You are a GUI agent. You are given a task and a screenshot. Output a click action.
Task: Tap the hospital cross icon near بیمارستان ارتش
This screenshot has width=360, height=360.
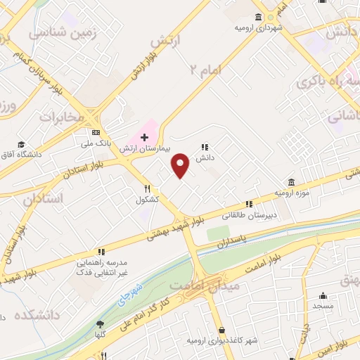[x=144, y=136]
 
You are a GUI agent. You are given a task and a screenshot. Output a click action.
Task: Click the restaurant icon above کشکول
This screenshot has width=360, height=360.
[x=147, y=188]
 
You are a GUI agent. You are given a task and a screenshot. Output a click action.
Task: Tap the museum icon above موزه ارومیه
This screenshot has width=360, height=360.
[x=291, y=181]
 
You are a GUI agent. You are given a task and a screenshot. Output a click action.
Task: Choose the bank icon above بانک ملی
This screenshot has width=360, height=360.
[x=96, y=132]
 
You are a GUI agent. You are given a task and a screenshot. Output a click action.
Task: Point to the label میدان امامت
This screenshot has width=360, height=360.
[x=205, y=285]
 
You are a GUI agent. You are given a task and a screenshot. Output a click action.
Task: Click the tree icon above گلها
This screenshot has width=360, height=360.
[x=99, y=324]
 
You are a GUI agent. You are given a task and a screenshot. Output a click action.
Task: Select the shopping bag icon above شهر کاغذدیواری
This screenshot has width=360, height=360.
[x=222, y=330]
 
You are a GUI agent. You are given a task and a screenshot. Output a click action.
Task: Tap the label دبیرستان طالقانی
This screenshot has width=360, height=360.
[x=251, y=215]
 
